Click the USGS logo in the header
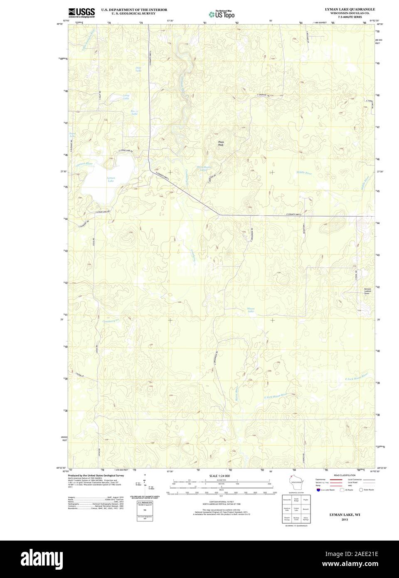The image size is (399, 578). (81, 12)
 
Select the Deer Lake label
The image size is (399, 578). (138, 69)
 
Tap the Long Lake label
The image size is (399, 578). (126, 97)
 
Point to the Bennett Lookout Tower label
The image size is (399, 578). (367, 291)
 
